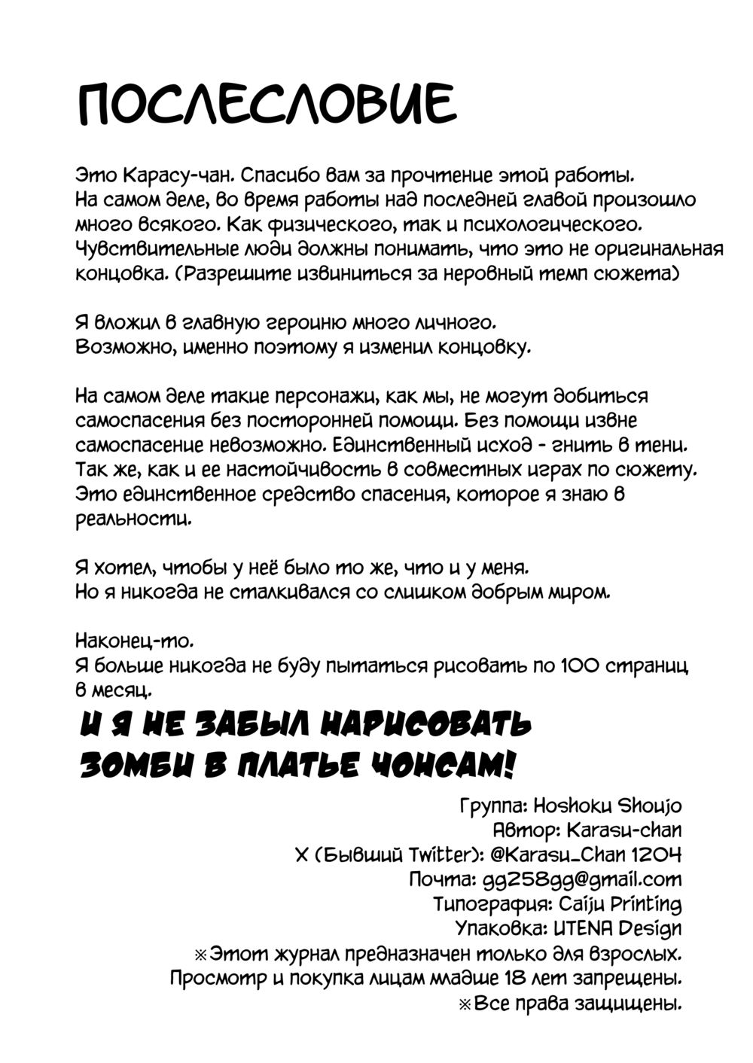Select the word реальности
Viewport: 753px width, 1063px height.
[x=133, y=519]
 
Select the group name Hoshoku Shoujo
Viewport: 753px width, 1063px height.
[x=607, y=806]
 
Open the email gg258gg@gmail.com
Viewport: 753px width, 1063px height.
[x=580, y=879]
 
